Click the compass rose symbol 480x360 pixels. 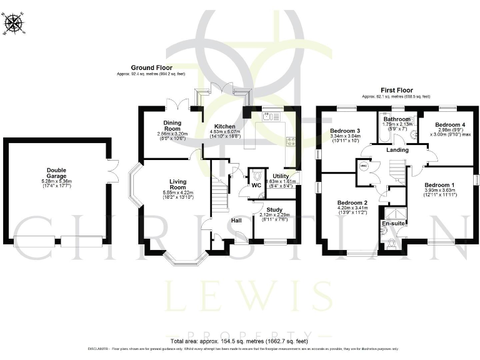pos(14,24)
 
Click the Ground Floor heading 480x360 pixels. pos(151,67)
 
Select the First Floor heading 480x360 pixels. pos(396,90)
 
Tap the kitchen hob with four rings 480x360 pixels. pos(290,141)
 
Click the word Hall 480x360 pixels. pos(237,221)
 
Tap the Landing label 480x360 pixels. pos(397,150)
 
